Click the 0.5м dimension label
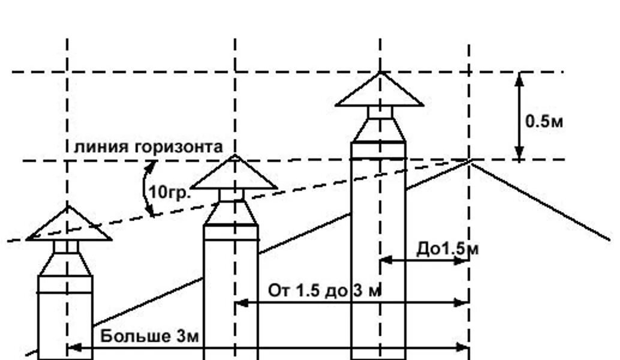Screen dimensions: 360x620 tap(544, 121)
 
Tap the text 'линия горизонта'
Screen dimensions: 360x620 tap(148, 146)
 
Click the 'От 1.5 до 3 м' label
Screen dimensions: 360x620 tap(324, 291)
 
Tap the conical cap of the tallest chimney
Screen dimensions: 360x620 tap(380, 92)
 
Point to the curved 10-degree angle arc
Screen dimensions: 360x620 tap(146, 191)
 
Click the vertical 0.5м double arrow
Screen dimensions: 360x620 tap(519, 116)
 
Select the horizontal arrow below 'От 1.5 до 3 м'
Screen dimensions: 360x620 tap(351, 303)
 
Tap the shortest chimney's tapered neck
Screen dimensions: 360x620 tap(66, 264)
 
